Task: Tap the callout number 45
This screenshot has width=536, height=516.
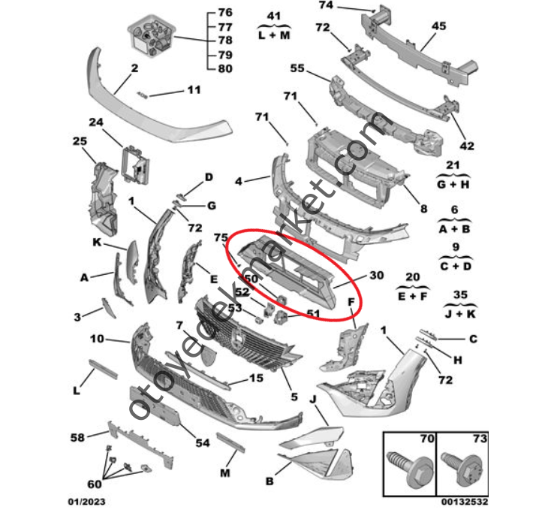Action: pyautogui.click(x=439, y=26)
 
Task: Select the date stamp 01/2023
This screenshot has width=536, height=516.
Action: pyautogui.click(x=86, y=502)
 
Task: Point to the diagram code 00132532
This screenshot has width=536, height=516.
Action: pyautogui.click(x=465, y=502)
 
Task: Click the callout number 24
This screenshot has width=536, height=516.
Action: pyautogui.click(x=96, y=122)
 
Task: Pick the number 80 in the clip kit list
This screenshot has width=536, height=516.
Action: pyautogui.click(x=225, y=68)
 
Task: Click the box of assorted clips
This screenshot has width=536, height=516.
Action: pyautogui.click(x=152, y=35)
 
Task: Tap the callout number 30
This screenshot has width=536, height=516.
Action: pyautogui.click(x=377, y=275)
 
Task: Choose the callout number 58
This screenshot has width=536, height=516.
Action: pyautogui.click(x=77, y=437)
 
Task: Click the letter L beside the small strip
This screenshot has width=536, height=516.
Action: pyautogui.click(x=77, y=390)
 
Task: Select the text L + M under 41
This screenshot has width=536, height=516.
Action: pyautogui.click(x=274, y=35)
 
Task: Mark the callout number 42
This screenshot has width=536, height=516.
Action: pyautogui.click(x=467, y=146)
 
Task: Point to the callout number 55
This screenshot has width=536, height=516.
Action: pyautogui.click(x=297, y=68)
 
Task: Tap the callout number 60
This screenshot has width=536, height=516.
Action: pyautogui.click(x=95, y=484)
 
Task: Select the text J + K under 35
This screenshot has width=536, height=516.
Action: pyautogui.click(x=460, y=313)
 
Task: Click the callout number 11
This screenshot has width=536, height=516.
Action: pyautogui.click(x=194, y=90)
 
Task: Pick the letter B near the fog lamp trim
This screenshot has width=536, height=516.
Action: pyautogui.click(x=270, y=481)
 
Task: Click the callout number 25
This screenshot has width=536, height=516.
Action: pyautogui.click(x=80, y=141)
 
